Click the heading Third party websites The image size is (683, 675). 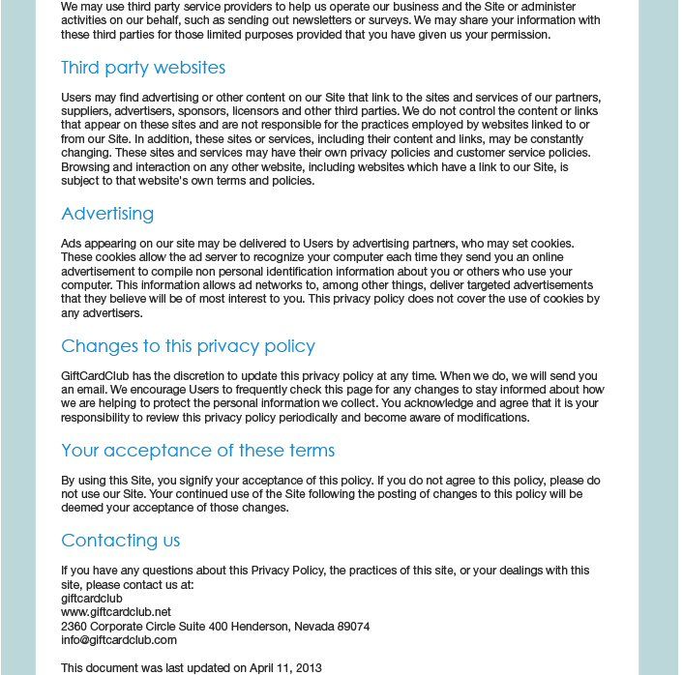coord(143,68)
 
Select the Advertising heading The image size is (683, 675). coord(107,214)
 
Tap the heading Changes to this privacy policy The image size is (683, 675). coord(188,346)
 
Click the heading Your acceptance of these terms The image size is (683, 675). coord(197,451)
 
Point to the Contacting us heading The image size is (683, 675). coord(120,541)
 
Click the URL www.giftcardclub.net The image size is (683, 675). coord(116,612)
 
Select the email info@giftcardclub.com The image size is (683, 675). coord(119,640)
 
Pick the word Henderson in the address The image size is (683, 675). coord(259,627)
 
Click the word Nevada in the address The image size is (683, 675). coord(312,627)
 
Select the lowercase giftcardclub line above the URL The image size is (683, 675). coord(92,599)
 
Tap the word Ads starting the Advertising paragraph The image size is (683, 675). coord(72,243)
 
